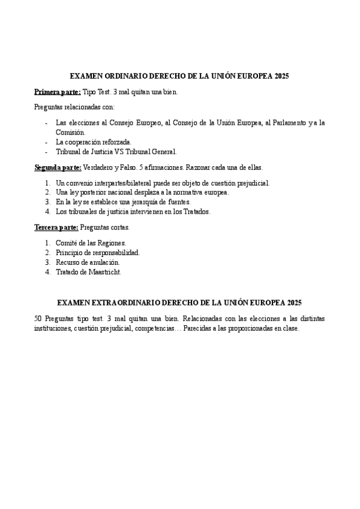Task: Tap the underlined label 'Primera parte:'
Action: (57, 92)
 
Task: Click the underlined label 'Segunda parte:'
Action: (58, 167)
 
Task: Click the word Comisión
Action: (70, 132)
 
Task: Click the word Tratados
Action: (194, 212)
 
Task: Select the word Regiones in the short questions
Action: (109, 243)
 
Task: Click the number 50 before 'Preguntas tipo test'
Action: (38, 318)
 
